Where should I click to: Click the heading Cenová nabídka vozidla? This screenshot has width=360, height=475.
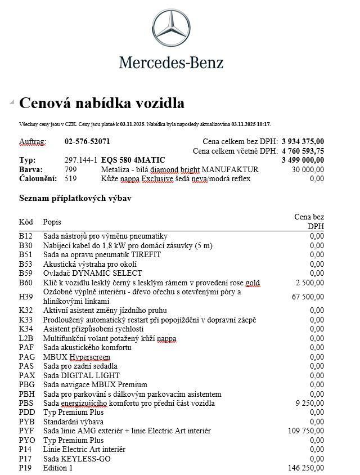(102, 104)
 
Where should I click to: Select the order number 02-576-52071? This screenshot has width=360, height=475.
(88, 141)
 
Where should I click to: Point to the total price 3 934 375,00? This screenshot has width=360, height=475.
(303, 141)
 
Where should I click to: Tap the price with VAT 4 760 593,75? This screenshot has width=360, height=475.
(303, 151)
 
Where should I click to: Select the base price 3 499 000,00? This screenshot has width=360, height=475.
(303, 160)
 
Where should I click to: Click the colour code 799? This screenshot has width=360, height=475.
(71, 169)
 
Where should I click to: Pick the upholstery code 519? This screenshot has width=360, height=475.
(71, 178)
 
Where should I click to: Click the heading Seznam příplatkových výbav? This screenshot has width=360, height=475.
(76, 198)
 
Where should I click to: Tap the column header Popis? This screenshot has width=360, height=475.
(52, 222)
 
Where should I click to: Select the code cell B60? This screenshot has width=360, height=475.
(26, 283)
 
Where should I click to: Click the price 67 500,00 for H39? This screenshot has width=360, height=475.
(307, 297)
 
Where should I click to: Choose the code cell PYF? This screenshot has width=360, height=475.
(27, 431)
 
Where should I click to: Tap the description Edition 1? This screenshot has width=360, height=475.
(58, 468)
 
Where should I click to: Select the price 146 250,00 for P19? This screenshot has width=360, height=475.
(305, 468)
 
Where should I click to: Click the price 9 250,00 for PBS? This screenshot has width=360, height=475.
(309, 404)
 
